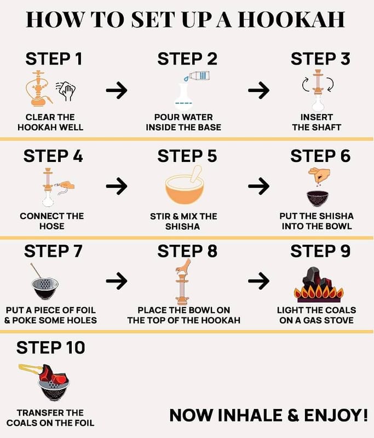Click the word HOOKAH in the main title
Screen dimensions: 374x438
[x=291, y=19]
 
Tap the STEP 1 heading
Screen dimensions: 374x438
[x=54, y=59]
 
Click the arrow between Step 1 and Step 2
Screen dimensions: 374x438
[x=117, y=90]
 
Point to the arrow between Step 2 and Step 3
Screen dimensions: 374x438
[x=258, y=90]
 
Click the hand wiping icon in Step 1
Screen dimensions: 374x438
[x=66, y=91]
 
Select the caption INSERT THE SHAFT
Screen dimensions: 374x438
[x=317, y=122]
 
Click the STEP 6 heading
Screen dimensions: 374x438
[x=320, y=156]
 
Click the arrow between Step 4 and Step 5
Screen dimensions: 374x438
[x=117, y=186]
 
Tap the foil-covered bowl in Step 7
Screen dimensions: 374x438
[x=45, y=288]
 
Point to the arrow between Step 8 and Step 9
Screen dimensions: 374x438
[x=258, y=280]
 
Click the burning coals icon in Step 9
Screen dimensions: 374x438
[x=319, y=285]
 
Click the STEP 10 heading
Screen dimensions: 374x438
[x=50, y=348]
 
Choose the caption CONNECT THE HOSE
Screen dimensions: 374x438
[x=51, y=221]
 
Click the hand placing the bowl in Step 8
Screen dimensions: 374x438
[x=183, y=266]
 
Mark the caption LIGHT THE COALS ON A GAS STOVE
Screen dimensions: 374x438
[x=317, y=315]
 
